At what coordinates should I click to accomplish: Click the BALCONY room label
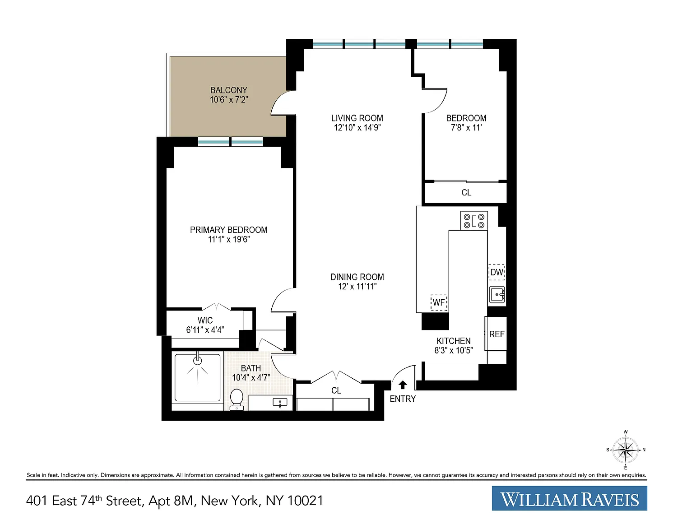229,90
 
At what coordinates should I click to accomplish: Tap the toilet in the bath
237,399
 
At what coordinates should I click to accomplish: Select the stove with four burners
474,221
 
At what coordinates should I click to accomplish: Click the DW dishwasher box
497,272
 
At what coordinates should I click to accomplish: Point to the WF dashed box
439,302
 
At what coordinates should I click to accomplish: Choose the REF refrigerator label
497,334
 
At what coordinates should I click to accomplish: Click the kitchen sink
497,294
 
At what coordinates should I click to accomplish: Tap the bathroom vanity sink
280,403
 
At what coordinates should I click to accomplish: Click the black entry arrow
403,385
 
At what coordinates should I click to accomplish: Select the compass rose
625,450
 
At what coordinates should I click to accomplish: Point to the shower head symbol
197,360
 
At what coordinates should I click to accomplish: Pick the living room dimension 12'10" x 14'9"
357,128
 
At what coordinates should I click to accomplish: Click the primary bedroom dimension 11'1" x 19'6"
229,239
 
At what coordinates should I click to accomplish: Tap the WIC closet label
205,320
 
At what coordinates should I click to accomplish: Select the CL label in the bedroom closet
466,193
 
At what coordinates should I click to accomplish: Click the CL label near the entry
336,390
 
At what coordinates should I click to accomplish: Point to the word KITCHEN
454,341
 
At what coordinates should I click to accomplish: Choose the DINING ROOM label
357,277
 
